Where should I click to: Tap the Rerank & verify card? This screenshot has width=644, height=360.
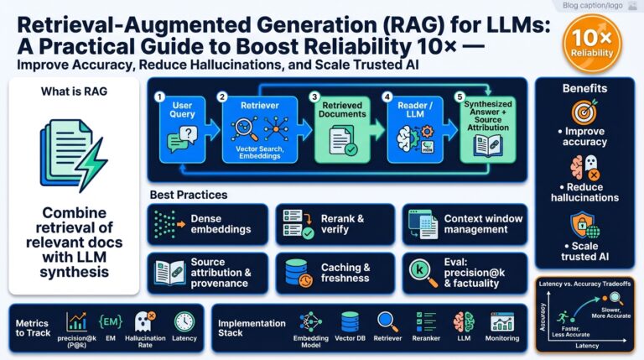coord(334,224)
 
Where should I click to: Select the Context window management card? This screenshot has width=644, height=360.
coord(465,224)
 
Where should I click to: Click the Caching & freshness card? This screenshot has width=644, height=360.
coord(334,273)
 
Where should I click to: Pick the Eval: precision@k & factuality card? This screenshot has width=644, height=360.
coord(465,273)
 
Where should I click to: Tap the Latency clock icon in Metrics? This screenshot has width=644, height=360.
coord(184,321)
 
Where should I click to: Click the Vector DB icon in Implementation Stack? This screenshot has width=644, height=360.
coord(350,321)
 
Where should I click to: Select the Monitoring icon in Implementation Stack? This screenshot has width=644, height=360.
coord(502,321)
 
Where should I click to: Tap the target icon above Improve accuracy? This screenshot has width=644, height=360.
coord(584,112)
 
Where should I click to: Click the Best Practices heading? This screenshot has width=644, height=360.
coord(189,195)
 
